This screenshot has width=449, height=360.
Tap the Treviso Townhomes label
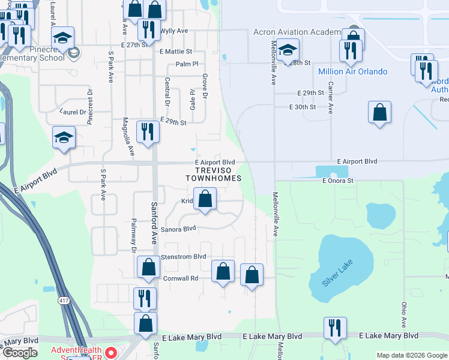213,174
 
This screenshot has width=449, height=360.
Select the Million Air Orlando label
352,71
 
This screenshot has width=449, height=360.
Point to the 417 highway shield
62,299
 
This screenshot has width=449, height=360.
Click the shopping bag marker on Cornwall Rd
223,271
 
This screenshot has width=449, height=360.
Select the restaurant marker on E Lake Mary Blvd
334,328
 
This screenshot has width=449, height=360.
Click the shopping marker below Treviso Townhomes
205,199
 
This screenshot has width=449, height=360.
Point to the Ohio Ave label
404,311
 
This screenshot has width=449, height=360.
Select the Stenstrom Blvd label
184,257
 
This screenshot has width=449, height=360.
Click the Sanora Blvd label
178,229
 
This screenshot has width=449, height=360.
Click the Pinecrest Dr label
90,106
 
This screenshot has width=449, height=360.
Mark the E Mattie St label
175,52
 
